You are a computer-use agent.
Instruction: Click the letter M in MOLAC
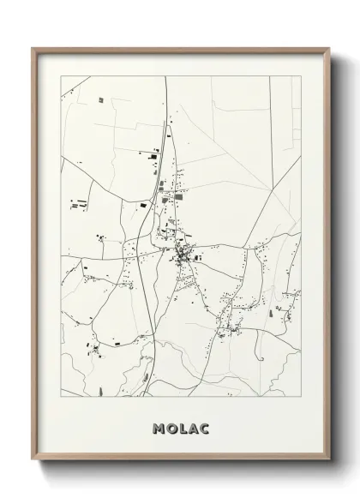[159, 427]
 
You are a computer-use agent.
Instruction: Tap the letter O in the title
[171, 427]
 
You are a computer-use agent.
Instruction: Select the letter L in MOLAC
[181, 427]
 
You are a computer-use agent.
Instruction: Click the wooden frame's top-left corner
[33, 49]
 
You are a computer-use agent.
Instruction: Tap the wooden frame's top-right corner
[328, 49]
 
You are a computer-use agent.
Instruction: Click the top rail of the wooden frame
[180, 49]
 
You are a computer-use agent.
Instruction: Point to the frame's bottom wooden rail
[180, 461]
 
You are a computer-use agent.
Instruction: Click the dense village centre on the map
[183, 253]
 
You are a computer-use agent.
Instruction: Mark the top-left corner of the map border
[61, 76]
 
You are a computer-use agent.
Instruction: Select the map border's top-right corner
[301, 76]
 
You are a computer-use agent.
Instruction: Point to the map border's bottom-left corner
[61, 397]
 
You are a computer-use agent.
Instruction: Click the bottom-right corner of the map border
[301, 397]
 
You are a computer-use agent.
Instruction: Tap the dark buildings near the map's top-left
[100, 100]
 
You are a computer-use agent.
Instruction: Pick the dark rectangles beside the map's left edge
[77, 205]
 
